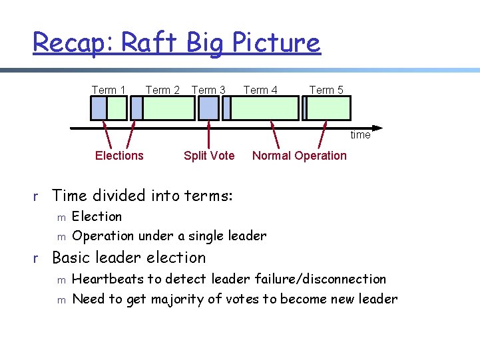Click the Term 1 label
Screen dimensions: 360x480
point(109,90)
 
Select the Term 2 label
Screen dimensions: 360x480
point(162,90)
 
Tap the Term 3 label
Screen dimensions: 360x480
point(208,90)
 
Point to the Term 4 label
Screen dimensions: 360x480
point(260,90)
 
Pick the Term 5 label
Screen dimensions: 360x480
point(326,90)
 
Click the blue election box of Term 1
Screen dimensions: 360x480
point(99,108)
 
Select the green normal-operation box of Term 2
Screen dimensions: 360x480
point(168,108)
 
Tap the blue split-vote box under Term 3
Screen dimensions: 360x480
point(208,108)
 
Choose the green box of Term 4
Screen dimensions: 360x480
point(264,108)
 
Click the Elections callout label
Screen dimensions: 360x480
point(119,156)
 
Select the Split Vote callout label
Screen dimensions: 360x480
point(209,156)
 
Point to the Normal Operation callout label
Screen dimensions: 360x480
point(300,156)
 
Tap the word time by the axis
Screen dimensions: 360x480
point(360,135)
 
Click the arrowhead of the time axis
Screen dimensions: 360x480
point(377,127)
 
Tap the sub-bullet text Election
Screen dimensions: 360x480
point(97,216)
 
